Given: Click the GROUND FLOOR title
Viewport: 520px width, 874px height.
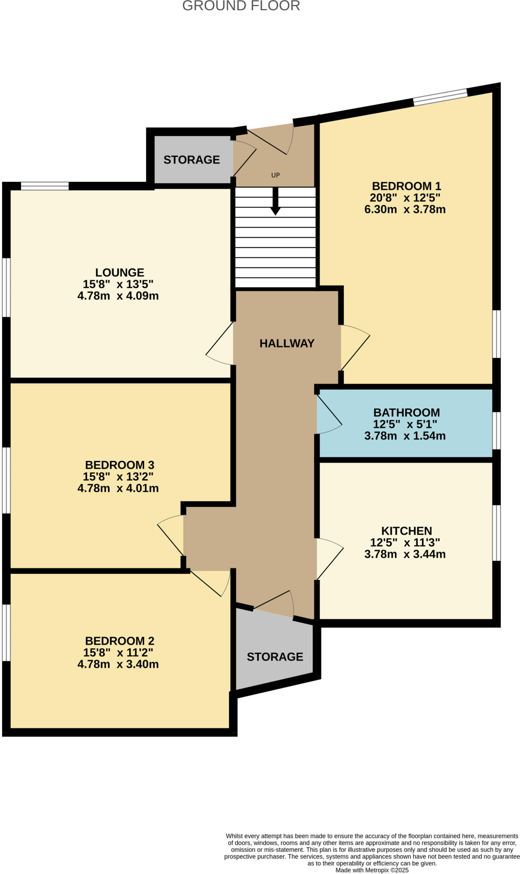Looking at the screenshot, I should (x=241, y=6).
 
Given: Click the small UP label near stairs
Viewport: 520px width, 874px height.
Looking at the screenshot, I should (x=276, y=175).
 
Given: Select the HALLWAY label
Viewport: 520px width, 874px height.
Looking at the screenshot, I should (x=287, y=343).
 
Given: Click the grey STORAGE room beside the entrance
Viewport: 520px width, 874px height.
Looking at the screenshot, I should (x=192, y=160).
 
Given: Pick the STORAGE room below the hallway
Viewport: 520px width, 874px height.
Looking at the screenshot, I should (x=275, y=656).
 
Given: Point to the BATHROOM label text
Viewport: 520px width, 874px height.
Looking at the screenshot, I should (x=406, y=413).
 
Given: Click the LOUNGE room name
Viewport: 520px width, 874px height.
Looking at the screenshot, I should (x=119, y=272).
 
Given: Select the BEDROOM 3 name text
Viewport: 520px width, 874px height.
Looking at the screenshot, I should (x=119, y=465).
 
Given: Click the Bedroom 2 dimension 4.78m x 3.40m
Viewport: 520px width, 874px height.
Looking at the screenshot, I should (x=118, y=664).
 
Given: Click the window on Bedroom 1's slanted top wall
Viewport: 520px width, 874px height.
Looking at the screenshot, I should (x=440, y=97).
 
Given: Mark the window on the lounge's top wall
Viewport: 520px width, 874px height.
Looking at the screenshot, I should (x=45, y=186).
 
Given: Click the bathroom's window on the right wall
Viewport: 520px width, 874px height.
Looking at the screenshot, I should (x=497, y=430).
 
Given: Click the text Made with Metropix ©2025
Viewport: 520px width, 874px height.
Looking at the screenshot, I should (x=372, y=870).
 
